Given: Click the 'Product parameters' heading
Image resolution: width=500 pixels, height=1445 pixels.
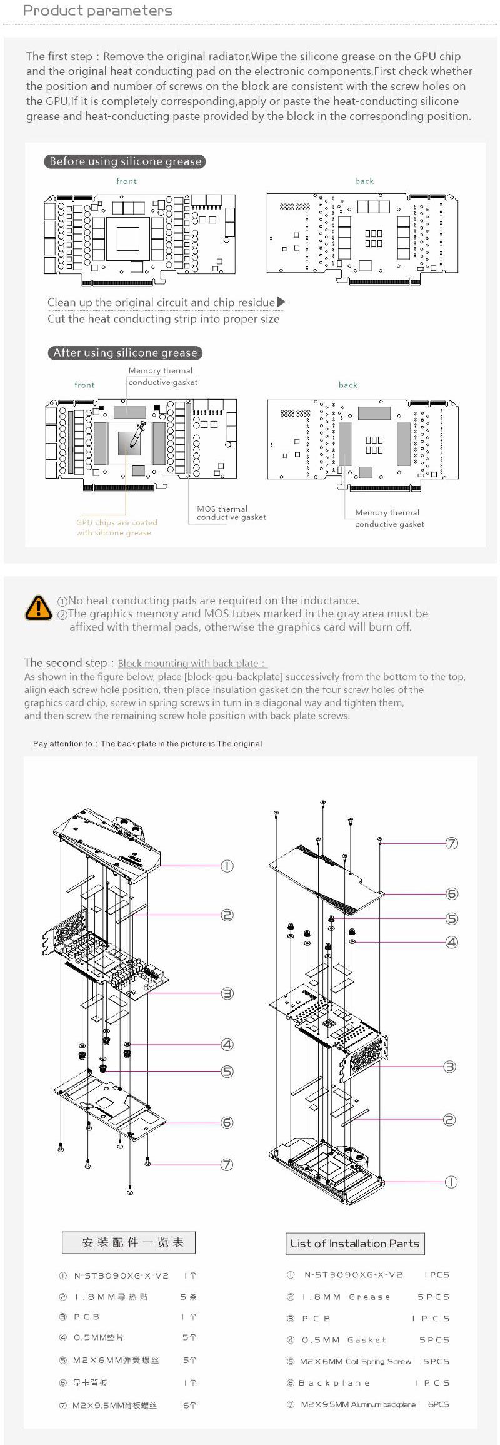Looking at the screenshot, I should click(97, 11).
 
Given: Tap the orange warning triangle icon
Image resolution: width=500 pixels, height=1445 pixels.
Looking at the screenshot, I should click(39, 607).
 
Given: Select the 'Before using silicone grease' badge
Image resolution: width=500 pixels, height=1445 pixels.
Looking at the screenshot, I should click(125, 161).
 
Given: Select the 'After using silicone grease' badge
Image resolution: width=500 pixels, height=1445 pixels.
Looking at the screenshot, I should click(125, 353).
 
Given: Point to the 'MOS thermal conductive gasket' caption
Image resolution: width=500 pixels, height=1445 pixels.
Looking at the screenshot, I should click(231, 513).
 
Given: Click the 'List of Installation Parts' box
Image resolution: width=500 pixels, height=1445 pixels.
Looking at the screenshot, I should click(354, 1243).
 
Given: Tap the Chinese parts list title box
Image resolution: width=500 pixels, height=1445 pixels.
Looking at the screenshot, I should click(129, 1242).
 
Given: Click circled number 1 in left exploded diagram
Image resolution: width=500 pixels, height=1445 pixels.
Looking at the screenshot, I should click(227, 866).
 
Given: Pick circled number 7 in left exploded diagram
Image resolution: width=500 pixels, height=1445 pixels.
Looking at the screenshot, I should click(227, 1164).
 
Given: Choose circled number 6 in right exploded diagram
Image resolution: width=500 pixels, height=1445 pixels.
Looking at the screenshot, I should click(452, 894).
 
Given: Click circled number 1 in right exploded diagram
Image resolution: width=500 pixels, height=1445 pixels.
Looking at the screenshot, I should click(451, 1182).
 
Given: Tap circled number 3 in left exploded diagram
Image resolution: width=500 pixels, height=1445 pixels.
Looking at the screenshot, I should click(227, 993).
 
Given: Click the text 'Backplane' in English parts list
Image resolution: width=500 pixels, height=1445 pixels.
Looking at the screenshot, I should click(334, 1383).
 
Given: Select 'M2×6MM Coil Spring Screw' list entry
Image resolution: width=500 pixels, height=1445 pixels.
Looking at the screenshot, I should click(356, 1361).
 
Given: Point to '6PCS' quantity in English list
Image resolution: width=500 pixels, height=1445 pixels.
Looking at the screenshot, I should click(438, 1404).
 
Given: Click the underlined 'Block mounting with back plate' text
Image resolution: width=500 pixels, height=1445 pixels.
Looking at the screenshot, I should click(192, 663).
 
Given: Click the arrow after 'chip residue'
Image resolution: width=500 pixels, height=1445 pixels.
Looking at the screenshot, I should click(281, 302).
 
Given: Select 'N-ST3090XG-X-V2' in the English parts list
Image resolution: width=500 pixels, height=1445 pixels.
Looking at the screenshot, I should click(353, 1274).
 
